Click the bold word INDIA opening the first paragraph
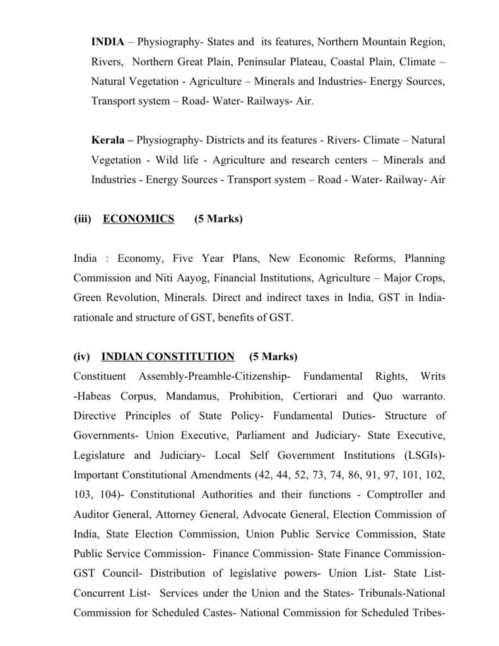(x=107, y=42)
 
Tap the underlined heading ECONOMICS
(x=138, y=219)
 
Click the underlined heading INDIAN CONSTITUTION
(x=168, y=356)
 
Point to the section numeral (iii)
(x=83, y=219)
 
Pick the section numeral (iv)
(x=82, y=356)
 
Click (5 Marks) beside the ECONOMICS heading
(x=218, y=219)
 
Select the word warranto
(x=420, y=397)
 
